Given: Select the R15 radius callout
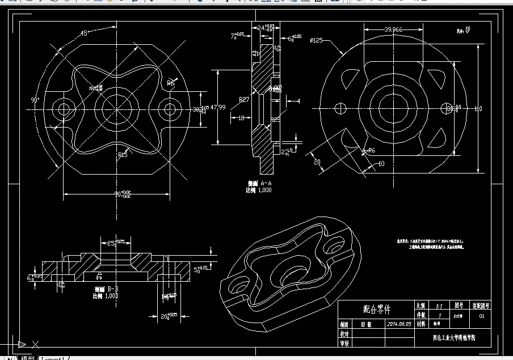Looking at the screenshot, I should click(123, 154).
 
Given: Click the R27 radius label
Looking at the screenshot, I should click(244, 99).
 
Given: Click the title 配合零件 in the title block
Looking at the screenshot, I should click(377, 310).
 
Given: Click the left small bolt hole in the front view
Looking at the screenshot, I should click(63, 108).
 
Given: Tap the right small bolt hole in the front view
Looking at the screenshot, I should click(168, 108).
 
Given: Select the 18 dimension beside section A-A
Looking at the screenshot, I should click(241, 118).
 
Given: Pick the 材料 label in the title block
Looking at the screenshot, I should click(421, 324).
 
